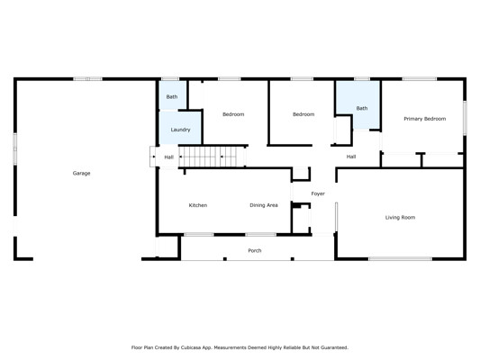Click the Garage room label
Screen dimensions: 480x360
pos(81,173)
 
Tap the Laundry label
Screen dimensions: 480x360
pos(180,130)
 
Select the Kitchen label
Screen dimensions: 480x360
pos(198,205)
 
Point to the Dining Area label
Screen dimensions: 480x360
pos(264,205)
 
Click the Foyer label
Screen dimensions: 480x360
pos(318,193)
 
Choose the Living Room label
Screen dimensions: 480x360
pos(400,218)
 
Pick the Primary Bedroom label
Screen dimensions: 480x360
pos(424,119)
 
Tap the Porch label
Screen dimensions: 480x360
pos(255,250)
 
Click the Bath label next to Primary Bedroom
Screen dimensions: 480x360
pos(362,108)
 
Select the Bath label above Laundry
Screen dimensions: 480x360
pos(172,96)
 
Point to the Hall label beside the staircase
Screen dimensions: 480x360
pos(168,157)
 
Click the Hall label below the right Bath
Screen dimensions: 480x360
pos(351,157)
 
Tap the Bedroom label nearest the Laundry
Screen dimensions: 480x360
pos(233,114)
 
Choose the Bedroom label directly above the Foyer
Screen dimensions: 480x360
pos(303,114)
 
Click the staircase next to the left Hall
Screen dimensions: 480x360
pos(212,157)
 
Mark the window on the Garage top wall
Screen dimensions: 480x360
pos(87,79)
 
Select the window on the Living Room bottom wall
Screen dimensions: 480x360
pos(400,259)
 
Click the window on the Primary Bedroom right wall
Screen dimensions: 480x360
pos(465,119)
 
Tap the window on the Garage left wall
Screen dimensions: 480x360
pos(14,149)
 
